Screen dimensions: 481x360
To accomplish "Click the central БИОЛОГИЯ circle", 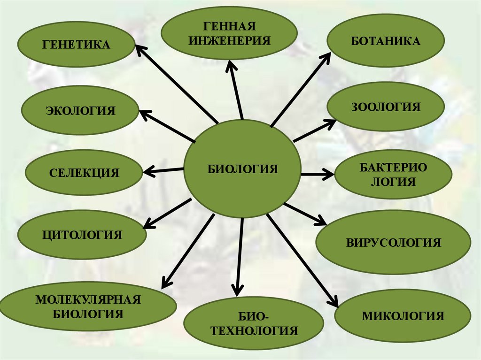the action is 242,169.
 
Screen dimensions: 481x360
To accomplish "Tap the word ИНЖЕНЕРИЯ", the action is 230,39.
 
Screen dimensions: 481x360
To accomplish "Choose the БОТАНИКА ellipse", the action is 385,41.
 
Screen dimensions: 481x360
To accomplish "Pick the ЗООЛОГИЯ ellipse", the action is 385,107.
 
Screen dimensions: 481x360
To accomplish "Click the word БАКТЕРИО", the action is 393,167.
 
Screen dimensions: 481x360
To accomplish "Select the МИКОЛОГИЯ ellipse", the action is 403,315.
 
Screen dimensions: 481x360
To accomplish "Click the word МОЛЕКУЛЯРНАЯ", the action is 88,299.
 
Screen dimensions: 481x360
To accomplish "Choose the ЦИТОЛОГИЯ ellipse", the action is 82,235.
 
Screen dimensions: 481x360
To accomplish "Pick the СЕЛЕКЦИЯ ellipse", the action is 84,173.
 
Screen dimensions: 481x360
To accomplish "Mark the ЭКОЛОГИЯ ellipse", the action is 80,111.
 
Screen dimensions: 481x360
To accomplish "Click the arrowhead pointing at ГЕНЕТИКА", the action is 140,49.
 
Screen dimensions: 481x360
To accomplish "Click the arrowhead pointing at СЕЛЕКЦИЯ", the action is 149,171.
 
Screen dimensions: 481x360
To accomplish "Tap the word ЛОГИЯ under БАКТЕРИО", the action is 393,182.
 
